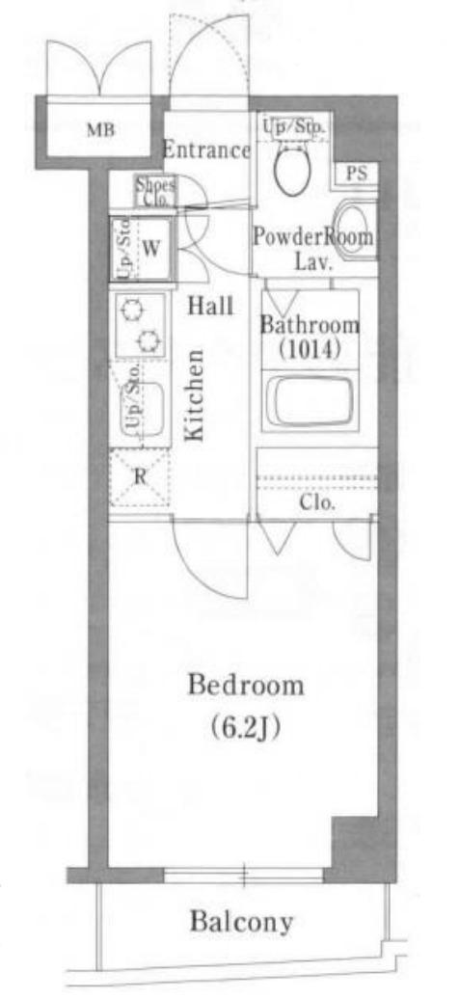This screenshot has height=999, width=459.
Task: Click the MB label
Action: click(100, 131)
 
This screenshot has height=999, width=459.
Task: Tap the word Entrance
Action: click(206, 150)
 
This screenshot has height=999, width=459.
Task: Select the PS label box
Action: click(357, 174)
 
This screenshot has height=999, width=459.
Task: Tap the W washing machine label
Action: click(149, 249)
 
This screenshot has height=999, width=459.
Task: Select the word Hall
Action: click(210, 307)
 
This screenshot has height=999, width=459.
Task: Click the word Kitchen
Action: click(195, 395)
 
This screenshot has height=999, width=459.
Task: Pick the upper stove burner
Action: click(133, 310)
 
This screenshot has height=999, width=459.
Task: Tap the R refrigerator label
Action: click(140, 477)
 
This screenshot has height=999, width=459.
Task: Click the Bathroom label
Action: click(310, 325)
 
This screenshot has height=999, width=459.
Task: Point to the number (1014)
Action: click(310, 350)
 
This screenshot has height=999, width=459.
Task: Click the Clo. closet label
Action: click(317, 502)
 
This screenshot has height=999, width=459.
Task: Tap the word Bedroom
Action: click(246, 687)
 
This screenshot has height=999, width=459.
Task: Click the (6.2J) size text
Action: click(246, 727)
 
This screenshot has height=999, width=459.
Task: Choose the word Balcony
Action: click(242, 922)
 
